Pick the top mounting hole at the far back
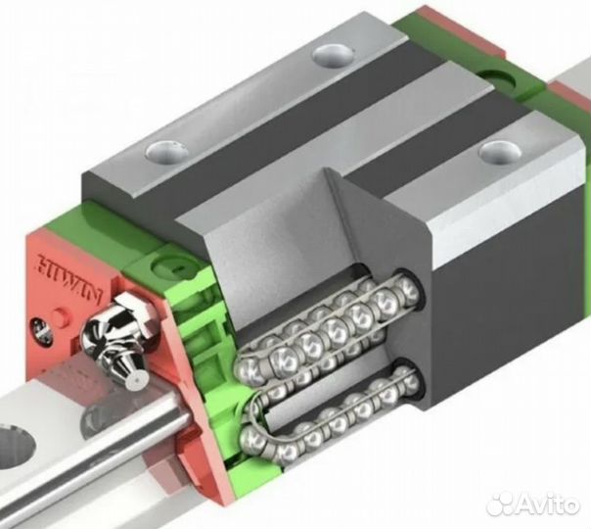pos(333,55)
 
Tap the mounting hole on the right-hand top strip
pos(500,151)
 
